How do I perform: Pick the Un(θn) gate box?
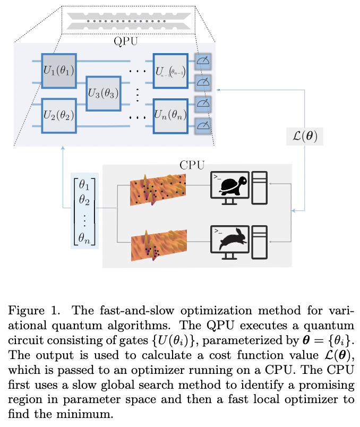pyautogui.click(x=170, y=114)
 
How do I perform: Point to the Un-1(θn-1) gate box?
pyautogui.click(x=170, y=71)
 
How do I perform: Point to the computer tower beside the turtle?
pyautogui.click(x=262, y=187)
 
